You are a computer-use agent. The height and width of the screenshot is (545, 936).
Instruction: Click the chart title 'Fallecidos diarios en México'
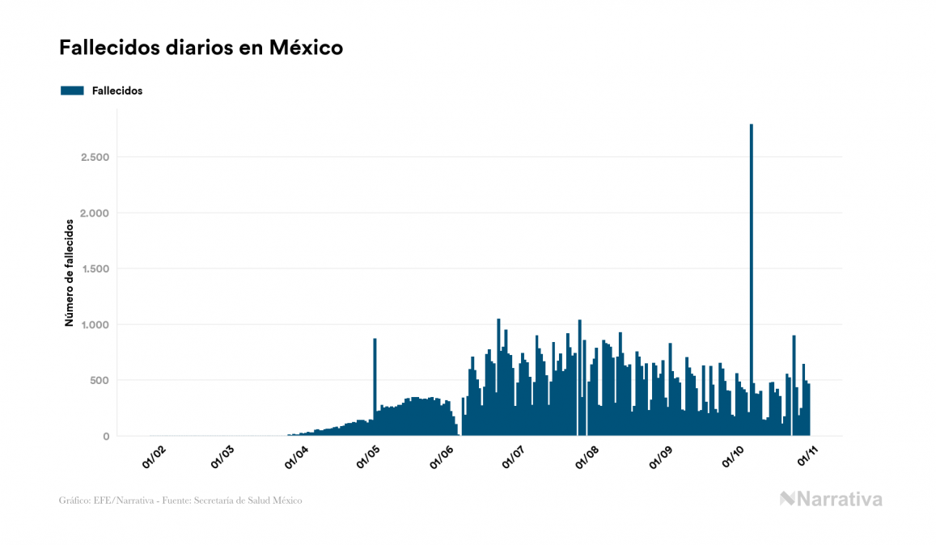(201, 48)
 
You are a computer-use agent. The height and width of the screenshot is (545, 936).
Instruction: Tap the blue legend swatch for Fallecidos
(72, 91)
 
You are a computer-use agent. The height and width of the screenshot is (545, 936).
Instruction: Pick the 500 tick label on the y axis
(100, 380)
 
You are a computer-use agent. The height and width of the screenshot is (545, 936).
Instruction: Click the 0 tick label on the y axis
(105, 437)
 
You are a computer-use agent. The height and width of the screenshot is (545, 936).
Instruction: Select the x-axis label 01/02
(153, 457)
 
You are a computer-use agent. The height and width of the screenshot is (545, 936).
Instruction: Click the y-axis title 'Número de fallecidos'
(69, 272)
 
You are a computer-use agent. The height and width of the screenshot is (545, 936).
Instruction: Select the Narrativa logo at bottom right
(831, 499)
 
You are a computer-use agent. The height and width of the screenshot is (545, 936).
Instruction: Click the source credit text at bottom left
(180, 501)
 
